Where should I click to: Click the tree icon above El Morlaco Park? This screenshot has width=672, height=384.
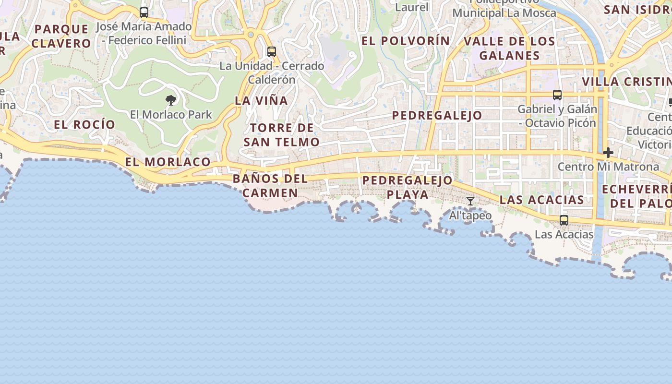tap(170, 100)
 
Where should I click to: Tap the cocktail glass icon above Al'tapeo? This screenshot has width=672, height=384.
tap(470, 201)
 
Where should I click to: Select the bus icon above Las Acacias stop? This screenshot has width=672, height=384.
tap(564, 220)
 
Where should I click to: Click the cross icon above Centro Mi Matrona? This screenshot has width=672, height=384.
tap(608, 153)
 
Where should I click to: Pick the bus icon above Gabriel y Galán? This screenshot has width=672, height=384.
tap(557, 95)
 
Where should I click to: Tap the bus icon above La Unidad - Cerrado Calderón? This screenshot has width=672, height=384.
tap(272, 52)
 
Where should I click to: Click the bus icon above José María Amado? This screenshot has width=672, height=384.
tap(144, 12)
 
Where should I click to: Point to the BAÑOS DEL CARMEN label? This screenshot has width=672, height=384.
tap(270, 186)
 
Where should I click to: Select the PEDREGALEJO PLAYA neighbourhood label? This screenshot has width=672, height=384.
tap(408, 187)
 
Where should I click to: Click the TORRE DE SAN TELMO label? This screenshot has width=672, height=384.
tap(281, 135)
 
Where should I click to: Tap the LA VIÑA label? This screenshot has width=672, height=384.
tap(261, 101)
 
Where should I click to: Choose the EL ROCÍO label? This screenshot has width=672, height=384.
tap(84, 125)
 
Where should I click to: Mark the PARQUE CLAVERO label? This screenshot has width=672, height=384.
tap(61, 36)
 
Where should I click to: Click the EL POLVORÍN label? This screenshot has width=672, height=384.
tap(406, 41)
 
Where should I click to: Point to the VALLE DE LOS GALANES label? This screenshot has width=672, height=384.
tap(509, 48)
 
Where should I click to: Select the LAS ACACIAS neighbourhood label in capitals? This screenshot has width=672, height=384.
tap(542, 200)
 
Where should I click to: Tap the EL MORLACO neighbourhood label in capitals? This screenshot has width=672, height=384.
tap(168, 162)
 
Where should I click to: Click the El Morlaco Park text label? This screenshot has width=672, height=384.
tap(171, 115)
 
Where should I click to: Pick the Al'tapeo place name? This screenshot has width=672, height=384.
tap(470, 216)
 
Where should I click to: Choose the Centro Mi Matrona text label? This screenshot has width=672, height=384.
tap(608, 167)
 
